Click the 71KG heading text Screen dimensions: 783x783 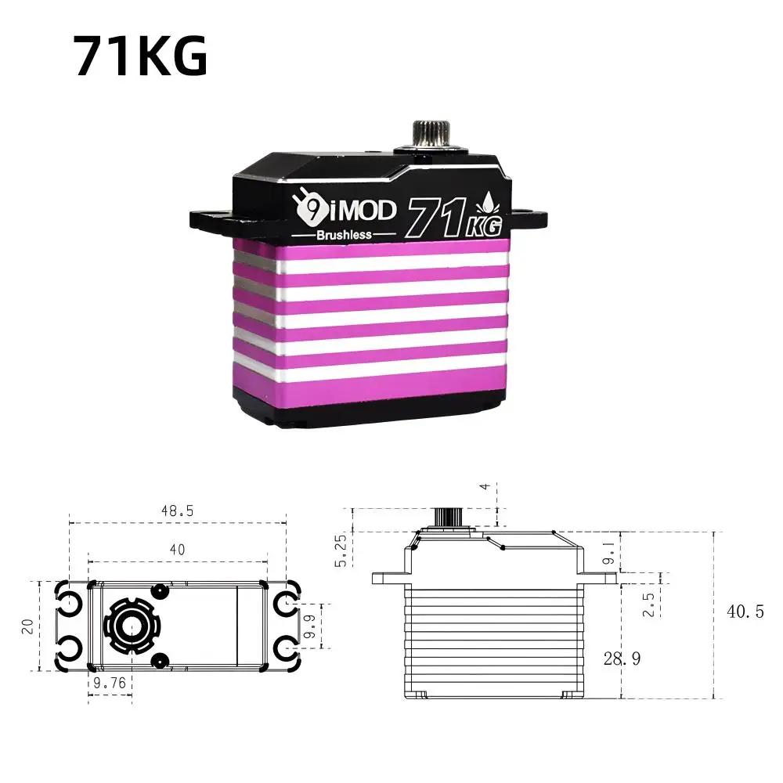click(x=141, y=56)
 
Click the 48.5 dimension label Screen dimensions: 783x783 click(x=177, y=510)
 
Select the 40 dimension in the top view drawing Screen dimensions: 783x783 click(x=177, y=550)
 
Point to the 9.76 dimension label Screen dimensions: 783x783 click(x=109, y=683)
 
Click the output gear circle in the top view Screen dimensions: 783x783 click(x=126, y=626)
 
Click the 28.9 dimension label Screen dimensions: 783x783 click(x=622, y=659)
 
